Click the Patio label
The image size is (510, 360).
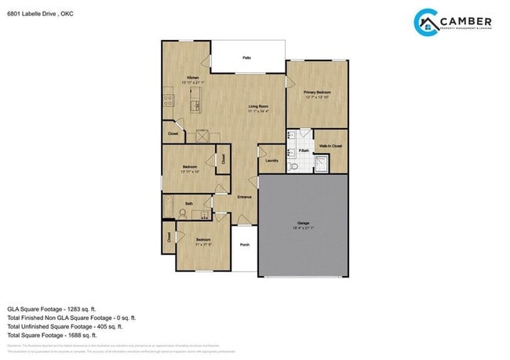tap(246, 58)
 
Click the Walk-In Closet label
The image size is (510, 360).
tap(330, 146)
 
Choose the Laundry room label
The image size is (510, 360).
tap(271, 161)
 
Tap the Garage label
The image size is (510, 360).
tap(303, 224)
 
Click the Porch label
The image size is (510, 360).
tap(245, 245)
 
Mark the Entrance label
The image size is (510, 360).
tap(245, 197)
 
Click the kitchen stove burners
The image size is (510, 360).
tap(168, 100)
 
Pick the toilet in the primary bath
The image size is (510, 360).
tap(293, 166)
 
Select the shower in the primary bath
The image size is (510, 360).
tap(322, 165)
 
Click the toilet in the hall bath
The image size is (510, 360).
tap(184, 212)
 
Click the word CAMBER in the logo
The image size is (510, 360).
tap(466, 21)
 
